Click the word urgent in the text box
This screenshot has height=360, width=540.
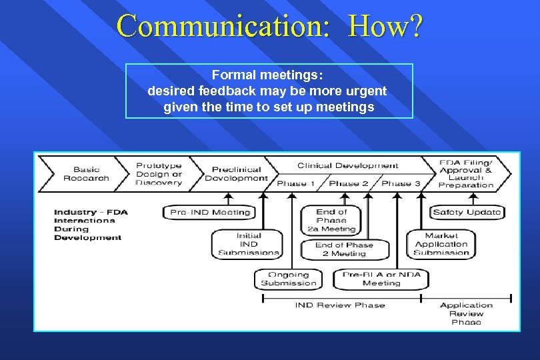(366, 91)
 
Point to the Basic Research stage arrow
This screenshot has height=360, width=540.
(86, 174)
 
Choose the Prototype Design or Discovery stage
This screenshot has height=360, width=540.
(159, 174)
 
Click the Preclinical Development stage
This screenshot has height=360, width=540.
(236, 174)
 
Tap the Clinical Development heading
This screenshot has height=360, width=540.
(347, 165)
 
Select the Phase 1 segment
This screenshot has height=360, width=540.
(291, 183)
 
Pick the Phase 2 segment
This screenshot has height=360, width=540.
(349, 183)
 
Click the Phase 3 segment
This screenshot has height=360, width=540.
(401, 183)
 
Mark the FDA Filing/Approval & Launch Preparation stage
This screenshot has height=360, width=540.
(466, 174)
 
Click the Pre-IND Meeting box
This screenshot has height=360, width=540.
(210, 213)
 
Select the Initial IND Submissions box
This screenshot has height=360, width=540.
(249, 244)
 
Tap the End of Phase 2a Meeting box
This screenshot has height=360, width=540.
(331, 220)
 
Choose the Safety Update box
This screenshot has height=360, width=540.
(467, 213)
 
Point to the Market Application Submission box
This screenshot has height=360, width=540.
(441, 244)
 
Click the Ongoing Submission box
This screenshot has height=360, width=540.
(289, 279)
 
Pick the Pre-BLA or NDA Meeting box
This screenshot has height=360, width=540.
(381, 279)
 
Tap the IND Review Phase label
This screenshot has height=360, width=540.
(340, 305)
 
